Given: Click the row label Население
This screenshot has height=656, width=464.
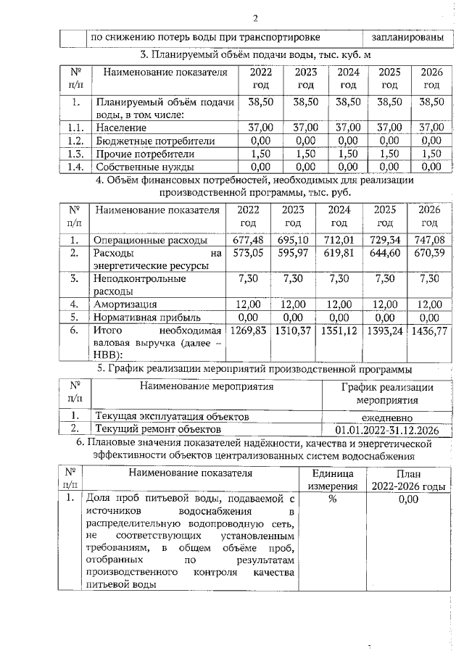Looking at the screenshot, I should pyautogui.click(x=121, y=128).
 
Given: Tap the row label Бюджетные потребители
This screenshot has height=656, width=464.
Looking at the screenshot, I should pyautogui.click(x=150, y=141).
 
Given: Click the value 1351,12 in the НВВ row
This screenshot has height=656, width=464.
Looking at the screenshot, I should pyautogui.click(x=339, y=331).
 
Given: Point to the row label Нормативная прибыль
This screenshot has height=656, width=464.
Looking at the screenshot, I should pyautogui.click(x=145, y=317).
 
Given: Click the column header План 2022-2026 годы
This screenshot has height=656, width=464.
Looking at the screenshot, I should pyautogui.click(x=405, y=480).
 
